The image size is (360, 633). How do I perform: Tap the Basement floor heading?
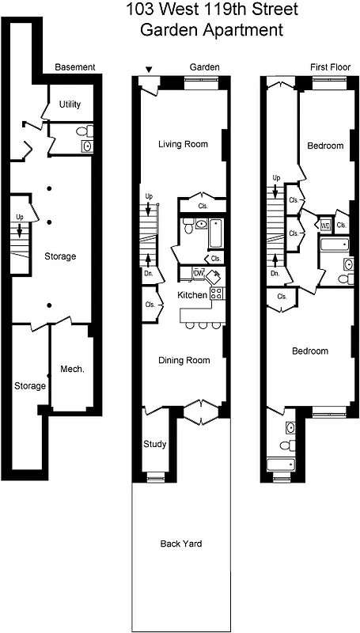coord(74,68)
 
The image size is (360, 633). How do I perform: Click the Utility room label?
coord(71,104)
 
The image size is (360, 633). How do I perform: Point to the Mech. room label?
coord(72,370)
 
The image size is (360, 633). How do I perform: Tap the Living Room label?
coord(183,144)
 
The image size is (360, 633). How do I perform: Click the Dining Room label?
coord(184,361)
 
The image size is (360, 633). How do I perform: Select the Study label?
coord(155,444)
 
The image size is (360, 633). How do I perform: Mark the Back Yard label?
coord(181,544)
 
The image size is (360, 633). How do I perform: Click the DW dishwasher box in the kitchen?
coord(199,274)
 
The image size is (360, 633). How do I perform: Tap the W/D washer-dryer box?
coord(325,226)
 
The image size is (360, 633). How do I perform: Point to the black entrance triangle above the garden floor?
coord(148,69)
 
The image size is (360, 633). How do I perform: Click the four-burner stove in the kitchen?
coord(217,294)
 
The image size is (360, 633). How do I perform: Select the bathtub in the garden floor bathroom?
coord(212,234)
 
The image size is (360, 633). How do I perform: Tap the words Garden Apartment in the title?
coord(211,32)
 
